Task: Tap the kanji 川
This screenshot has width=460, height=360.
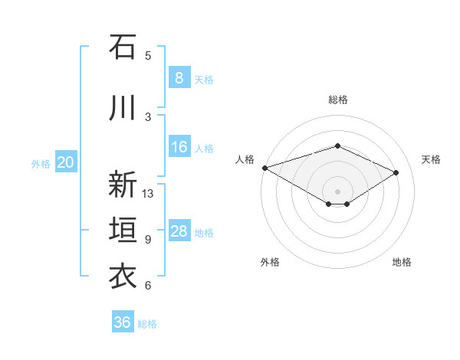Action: (x=123, y=108)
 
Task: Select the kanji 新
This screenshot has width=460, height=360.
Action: (x=123, y=185)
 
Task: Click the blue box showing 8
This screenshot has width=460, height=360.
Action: (x=179, y=78)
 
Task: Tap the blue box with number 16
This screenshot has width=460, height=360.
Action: (x=179, y=147)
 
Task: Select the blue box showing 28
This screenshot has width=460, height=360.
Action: (x=179, y=231)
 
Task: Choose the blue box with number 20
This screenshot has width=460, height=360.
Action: (x=66, y=162)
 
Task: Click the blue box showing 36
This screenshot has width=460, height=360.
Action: (x=123, y=322)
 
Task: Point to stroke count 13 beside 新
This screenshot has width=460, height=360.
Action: (x=149, y=194)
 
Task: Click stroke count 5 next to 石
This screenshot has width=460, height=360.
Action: (x=148, y=55)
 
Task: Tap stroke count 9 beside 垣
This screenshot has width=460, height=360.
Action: (x=148, y=240)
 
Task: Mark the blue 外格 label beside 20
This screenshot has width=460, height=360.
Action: (x=41, y=163)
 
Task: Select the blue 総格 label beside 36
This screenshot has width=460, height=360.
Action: (x=147, y=323)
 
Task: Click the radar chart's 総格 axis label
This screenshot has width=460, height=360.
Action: (x=337, y=100)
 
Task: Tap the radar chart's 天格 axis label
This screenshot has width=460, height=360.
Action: (x=432, y=159)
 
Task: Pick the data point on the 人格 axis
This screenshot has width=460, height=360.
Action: (x=264, y=168)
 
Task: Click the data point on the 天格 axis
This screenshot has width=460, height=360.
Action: (x=396, y=172)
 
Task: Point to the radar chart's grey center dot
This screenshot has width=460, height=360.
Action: (x=337, y=191)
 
